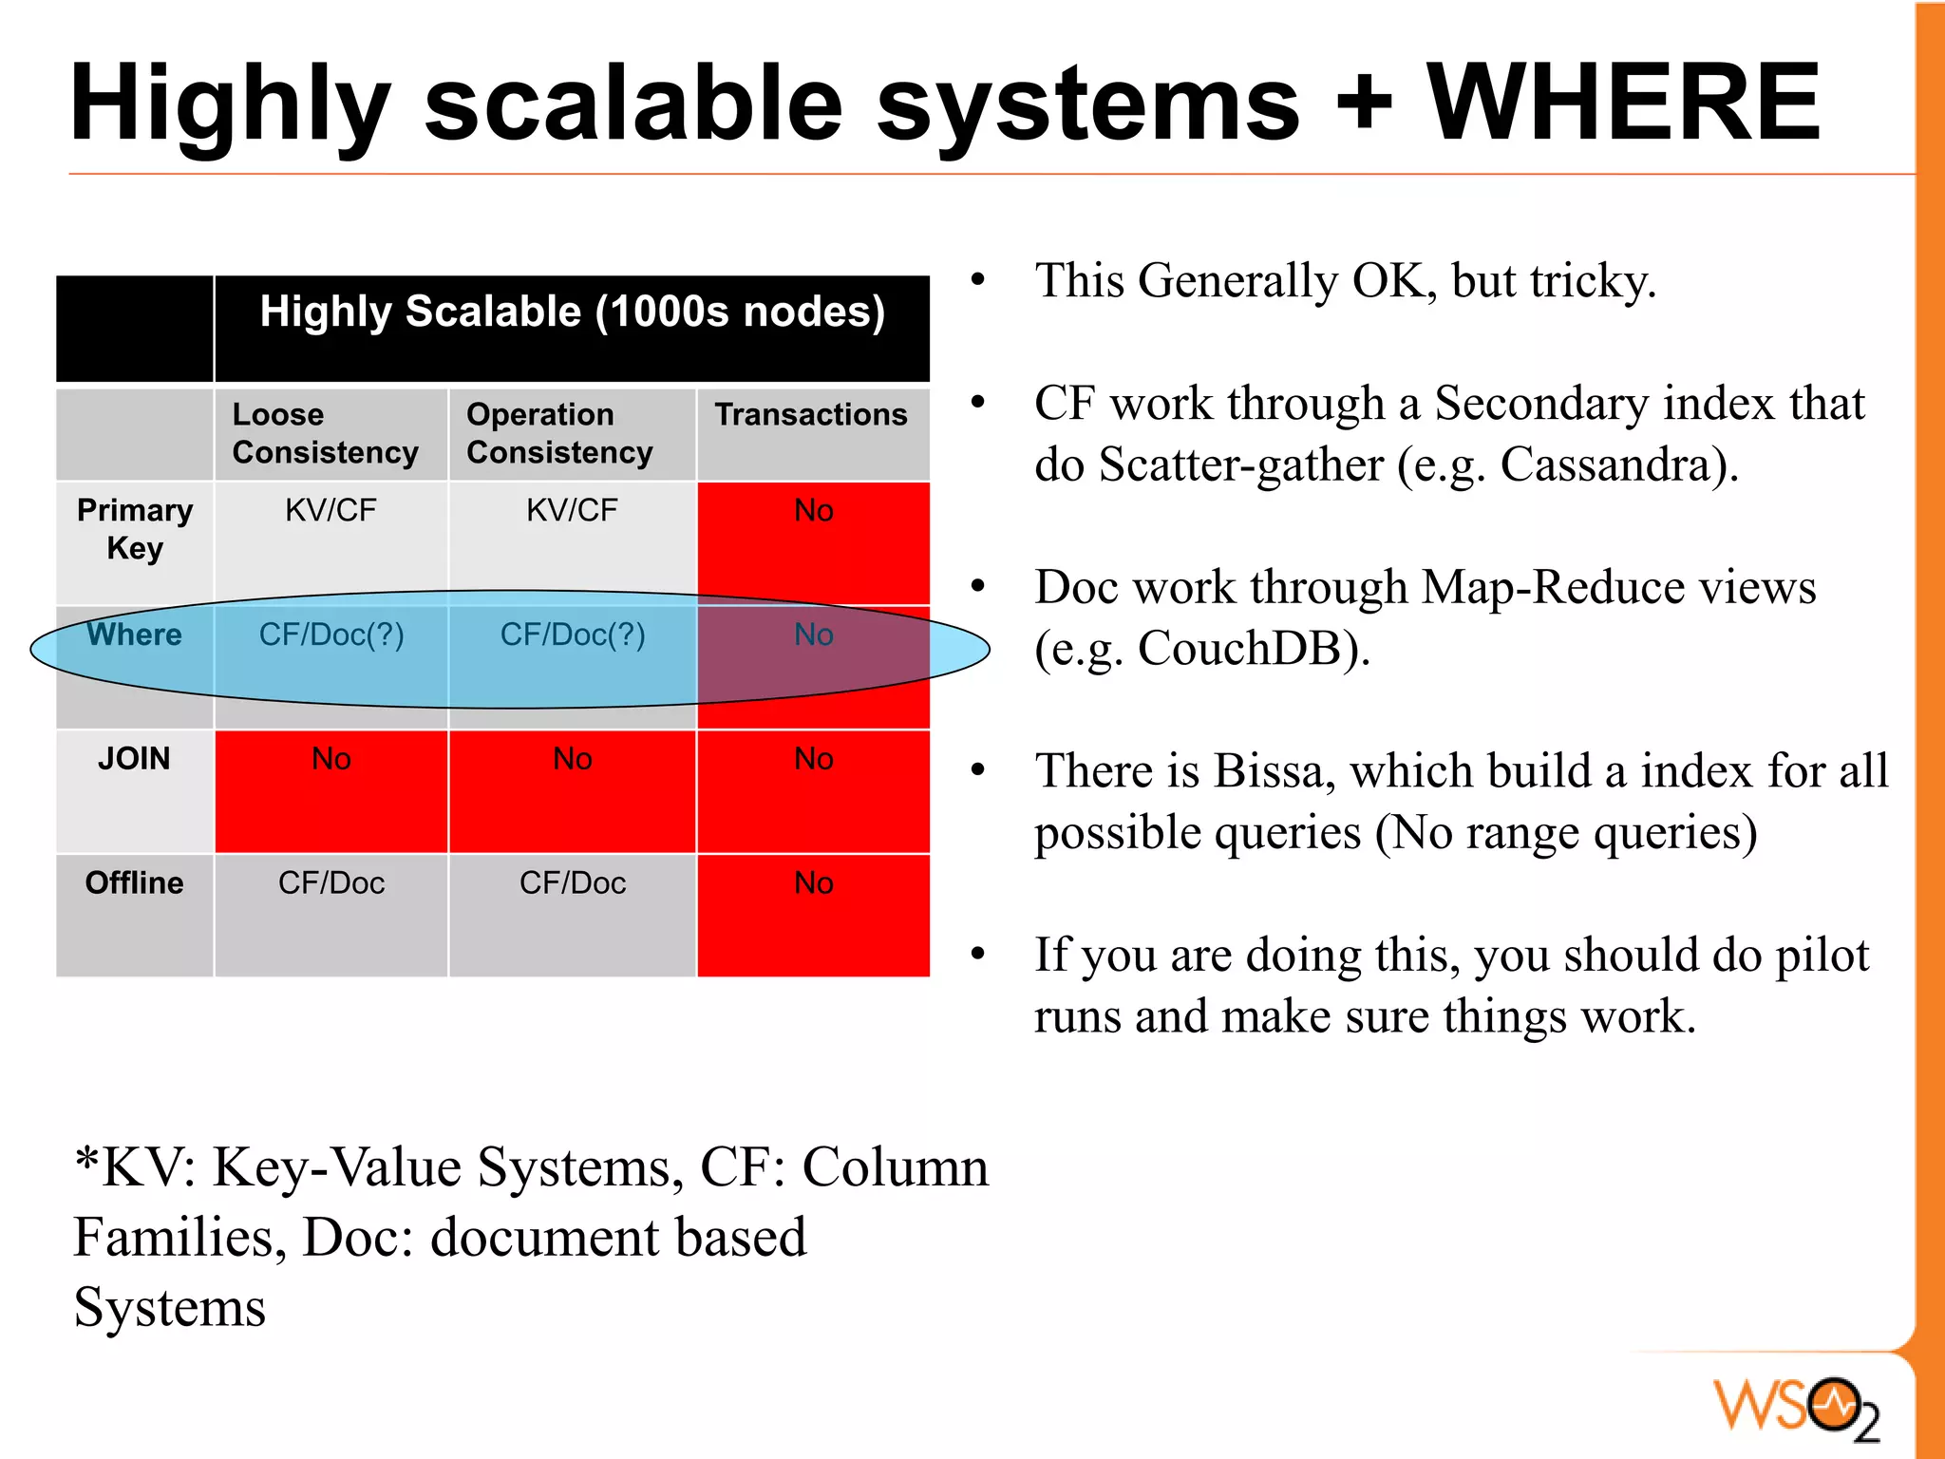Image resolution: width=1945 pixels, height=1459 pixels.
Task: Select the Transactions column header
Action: pos(811,415)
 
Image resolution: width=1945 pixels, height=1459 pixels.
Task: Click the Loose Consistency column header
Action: pos(325,433)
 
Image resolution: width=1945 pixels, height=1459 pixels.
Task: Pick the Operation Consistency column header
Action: pos(559,433)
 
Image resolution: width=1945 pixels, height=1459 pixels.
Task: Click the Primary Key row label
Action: pos(135,529)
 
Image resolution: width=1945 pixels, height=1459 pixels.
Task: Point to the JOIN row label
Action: pos(134,758)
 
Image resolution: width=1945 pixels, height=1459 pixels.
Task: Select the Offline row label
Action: pos(134,882)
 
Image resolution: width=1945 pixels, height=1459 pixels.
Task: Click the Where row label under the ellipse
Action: pos(134,635)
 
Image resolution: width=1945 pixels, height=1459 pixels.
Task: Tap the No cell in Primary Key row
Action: pos(813,511)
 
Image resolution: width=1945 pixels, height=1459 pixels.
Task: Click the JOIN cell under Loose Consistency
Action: pos(330,759)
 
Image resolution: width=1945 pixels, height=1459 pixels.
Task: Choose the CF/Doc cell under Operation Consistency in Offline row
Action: pos(572,883)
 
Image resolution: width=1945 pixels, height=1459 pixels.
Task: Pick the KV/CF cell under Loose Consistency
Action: pos(330,511)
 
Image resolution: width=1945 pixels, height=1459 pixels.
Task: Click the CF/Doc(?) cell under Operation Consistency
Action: pos(572,635)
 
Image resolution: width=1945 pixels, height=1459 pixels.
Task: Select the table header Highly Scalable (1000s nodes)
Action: pos(572,312)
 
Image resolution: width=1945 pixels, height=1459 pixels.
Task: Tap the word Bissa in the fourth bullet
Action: pos(1273,770)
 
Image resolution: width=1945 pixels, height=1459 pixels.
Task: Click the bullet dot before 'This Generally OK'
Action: pos(978,280)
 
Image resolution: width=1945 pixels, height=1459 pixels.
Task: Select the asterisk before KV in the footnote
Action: pos(87,1160)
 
